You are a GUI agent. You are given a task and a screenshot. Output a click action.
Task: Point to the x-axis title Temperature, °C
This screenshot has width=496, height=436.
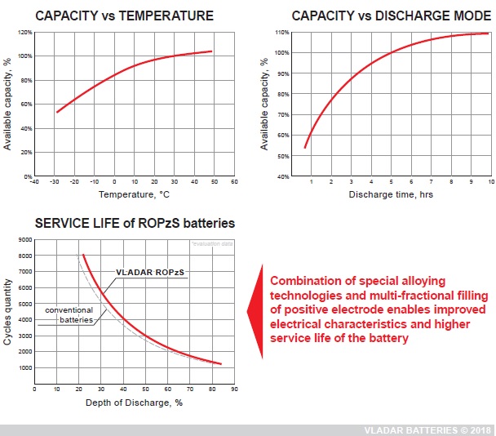click(x=135, y=195)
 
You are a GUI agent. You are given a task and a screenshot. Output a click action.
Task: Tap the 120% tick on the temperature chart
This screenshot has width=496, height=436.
click(x=24, y=33)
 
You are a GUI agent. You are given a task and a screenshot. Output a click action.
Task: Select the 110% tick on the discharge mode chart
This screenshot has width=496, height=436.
click(x=281, y=33)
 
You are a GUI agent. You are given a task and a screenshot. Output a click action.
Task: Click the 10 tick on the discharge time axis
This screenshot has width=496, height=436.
click(x=490, y=182)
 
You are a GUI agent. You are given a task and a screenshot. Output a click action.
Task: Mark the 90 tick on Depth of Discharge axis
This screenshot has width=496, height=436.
click(x=233, y=389)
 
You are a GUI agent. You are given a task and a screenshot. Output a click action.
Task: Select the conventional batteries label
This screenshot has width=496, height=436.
click(x=69, y=315)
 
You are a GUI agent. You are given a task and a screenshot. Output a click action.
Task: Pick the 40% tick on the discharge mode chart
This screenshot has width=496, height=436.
click(x=282, y=176)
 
